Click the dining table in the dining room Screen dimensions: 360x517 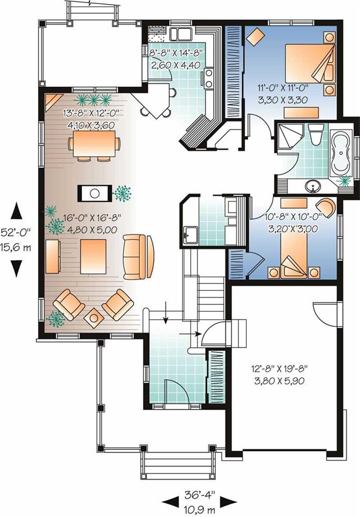click(x=94, y=144)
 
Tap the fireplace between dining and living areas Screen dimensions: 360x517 click(x=95, y=193)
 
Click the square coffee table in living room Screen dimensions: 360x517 click(x=93, y=257)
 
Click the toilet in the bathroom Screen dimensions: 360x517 click(x=316, y=135)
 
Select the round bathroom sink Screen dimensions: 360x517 click(x=313, y=187)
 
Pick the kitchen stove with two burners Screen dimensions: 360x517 click(x=209, y=78)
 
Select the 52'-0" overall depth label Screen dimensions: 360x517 click(x=15, y=232)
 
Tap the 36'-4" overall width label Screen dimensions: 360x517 click(x=199, y=494)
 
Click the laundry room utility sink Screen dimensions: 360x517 click(x=190, y=235)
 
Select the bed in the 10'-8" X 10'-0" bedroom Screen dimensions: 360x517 click(x=294, y=254)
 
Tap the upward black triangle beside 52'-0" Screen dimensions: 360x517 click(x=16, y=211)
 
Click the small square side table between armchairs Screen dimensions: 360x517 click(x=94, y=318)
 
